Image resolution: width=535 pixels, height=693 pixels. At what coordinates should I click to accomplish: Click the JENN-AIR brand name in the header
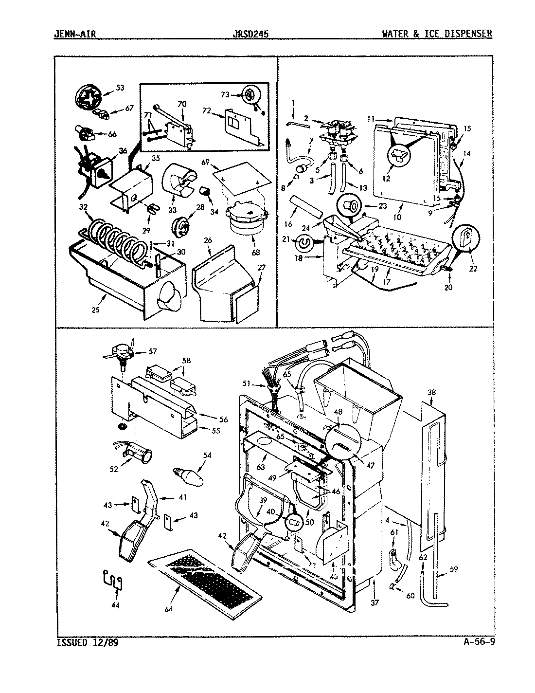pyautogui.click(x=76, y=34)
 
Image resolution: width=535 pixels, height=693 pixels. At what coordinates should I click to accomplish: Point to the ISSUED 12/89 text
pyautogui.click(x=88, y=642)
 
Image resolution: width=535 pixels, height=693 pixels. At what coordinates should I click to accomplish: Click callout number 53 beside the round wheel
pyautogui.click(x=120, y=88)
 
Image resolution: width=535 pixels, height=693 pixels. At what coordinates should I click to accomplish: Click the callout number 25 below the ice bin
pyautogui.click(x=95, y=310)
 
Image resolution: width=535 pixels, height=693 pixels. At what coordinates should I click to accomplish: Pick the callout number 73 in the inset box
pyautogui.click(x=225, y=94)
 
